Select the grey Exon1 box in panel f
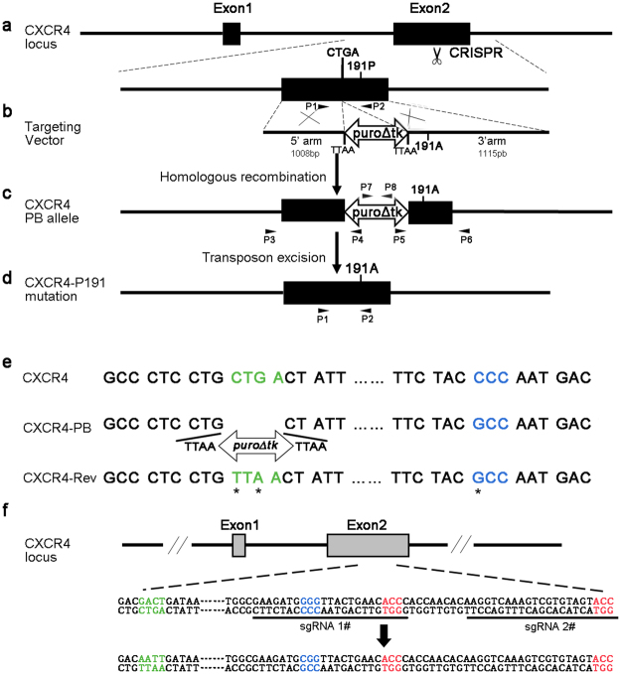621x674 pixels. click(238, 543)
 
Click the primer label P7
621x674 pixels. click(367, 186)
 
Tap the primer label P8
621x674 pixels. click(391, 186)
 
